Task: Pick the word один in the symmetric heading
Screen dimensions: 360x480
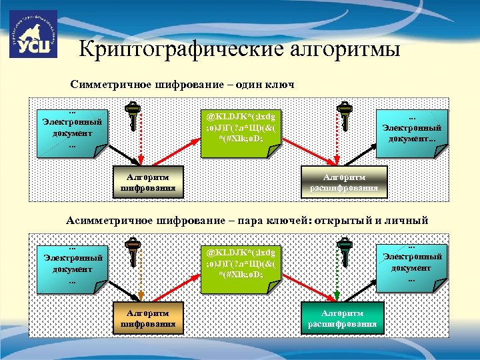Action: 245,85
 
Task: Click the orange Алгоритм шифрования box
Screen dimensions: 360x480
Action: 148,318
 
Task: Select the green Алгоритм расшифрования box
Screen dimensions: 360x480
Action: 343,318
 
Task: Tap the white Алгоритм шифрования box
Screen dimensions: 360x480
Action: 148,181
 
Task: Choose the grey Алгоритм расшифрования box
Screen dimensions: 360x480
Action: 344,181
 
